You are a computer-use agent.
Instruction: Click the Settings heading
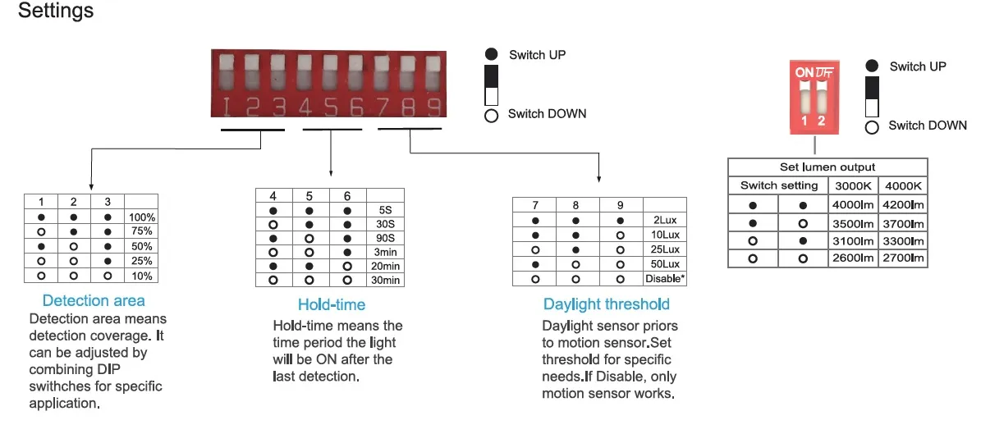(x=56, y=11)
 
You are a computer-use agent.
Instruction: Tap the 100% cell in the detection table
(x=141, y=217)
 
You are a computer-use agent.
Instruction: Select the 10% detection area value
(x=141, y=276)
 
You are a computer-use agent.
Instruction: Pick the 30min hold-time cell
(x=385, y=281)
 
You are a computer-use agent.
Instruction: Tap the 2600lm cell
(x=853, y=258)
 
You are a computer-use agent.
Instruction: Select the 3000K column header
(x=853, y=185)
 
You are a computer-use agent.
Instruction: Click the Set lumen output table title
(x=827, y=167)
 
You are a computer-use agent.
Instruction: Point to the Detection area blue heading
(x=94, y=301)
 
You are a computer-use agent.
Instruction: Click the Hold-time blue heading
(x=332, y=304)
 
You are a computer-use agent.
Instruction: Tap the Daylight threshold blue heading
(x=607, y=304)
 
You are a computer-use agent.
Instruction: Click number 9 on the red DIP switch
(x=433, y=107)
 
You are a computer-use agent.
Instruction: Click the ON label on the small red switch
(x=805, y=72)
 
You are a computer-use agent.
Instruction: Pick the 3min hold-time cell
(x=385, y=252)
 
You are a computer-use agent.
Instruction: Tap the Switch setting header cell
(x=779, y=185)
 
